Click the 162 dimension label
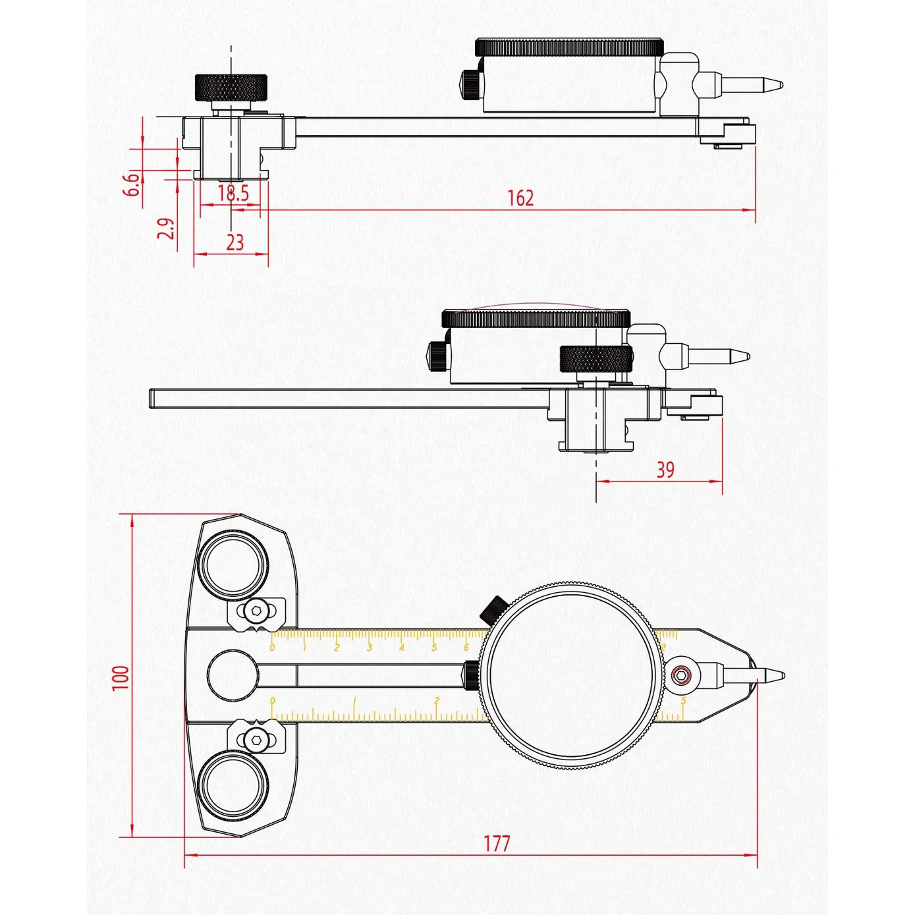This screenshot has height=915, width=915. (x=520, y=198)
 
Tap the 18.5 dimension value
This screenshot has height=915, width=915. (x=233, y=193)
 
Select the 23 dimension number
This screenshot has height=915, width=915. (x=235, y=242)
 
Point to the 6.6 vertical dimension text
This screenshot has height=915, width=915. (x=132, y=184)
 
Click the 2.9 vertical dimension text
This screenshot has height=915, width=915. (x=166, y=229)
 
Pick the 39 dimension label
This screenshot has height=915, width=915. (x=665, y=470)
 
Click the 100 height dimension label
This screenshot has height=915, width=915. (x=121, y=677)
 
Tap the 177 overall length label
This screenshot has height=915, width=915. (x=497, y=843)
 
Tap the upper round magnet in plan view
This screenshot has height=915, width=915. (x=235, y=566)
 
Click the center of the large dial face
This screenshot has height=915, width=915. (x=570, y=676)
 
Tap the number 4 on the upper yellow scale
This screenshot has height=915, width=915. (x=401, y=648)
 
